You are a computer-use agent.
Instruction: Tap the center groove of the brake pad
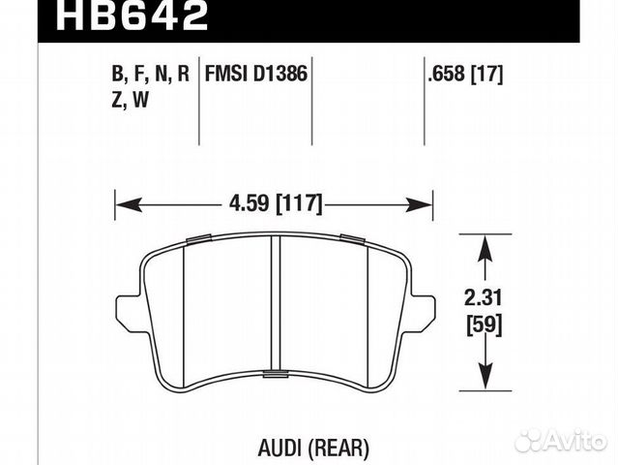[x=275, y=305]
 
